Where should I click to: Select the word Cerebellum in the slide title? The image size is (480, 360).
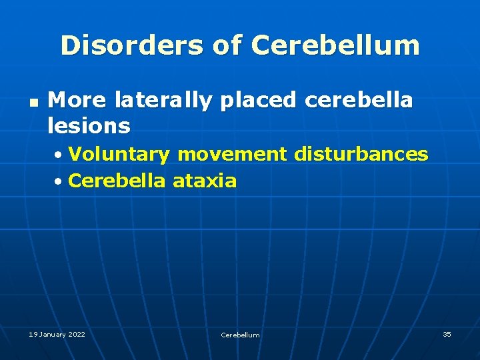[x=335, y=45]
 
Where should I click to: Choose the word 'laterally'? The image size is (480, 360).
[x=163, y=101]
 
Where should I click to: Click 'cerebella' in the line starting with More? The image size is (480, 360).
[x=359, y=101]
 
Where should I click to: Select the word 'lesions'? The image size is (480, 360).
[x=89, y=125]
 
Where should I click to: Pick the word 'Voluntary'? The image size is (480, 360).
[x=119, y=155]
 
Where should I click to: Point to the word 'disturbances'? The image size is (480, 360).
[x=361, y=154]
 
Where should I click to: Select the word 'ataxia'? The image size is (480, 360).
[x=205, y=181]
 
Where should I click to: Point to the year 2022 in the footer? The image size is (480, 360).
[x=77, y=334]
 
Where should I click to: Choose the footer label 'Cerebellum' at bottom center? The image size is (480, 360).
[x=240, y=335]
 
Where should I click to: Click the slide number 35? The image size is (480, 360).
[x=447, y=334]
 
